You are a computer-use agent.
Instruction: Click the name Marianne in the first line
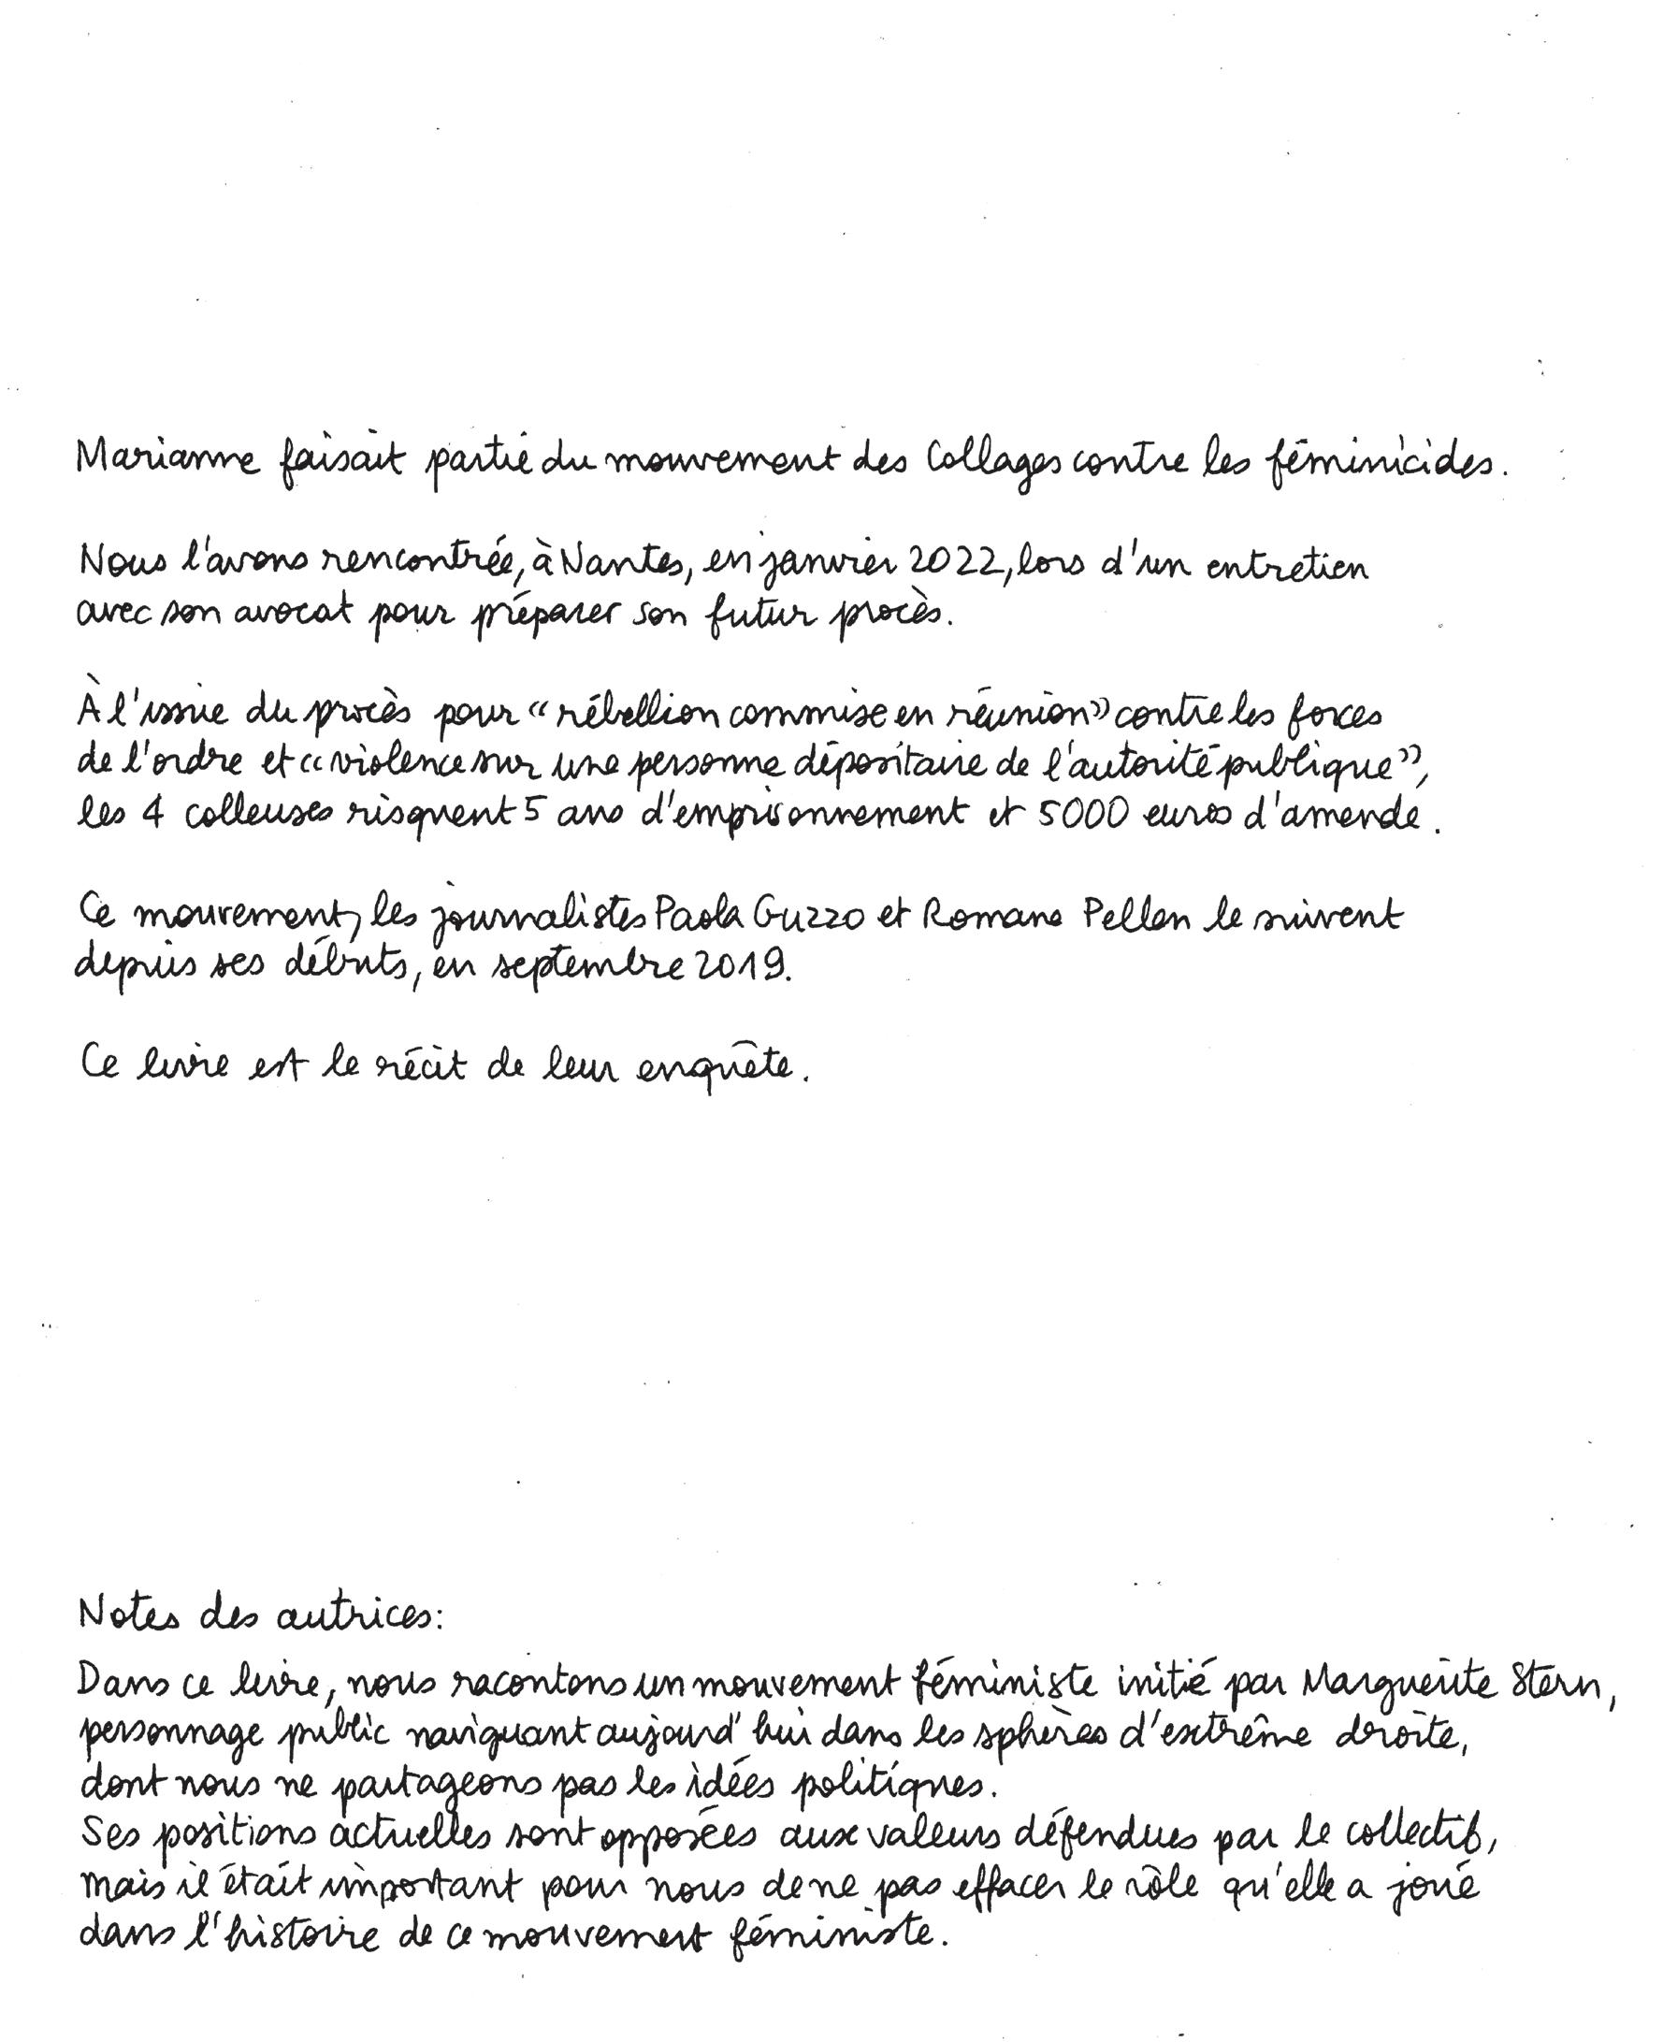(x=167, y=459)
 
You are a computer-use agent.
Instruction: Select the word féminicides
(x=1381, y=464)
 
